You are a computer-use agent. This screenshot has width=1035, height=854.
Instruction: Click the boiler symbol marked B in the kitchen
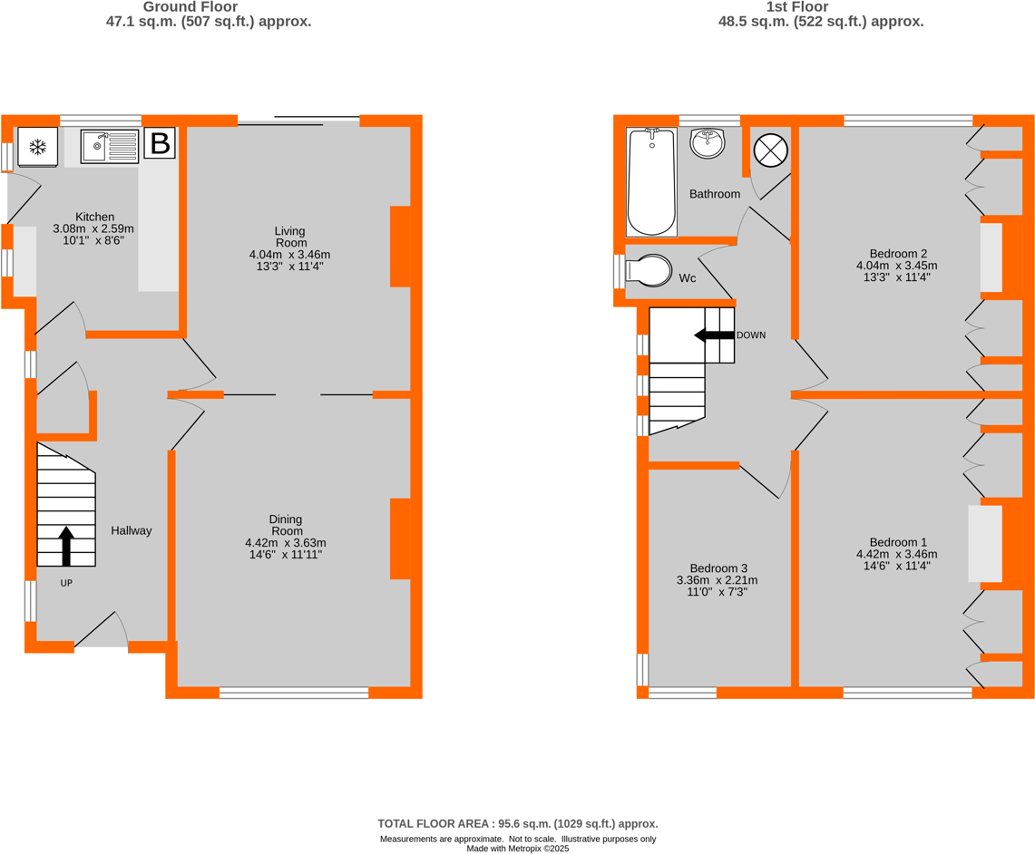coord(160,143)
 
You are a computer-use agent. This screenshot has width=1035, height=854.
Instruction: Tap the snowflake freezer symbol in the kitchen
coord(38,147)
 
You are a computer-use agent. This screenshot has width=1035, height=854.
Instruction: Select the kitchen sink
coord(109,146)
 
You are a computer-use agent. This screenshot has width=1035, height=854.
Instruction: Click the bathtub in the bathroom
coord(651,181)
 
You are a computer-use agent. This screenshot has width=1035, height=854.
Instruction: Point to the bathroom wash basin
coord(708,142)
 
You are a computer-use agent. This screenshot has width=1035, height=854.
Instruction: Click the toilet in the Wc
coord(648,270)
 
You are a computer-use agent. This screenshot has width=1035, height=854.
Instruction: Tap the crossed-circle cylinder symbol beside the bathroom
coord(770,150)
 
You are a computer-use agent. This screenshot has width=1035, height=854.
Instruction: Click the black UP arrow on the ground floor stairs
coord(66,546)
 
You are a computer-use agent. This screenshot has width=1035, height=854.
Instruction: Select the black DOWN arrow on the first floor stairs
coord(714,335)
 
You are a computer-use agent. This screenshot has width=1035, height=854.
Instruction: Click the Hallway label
coord(132,530)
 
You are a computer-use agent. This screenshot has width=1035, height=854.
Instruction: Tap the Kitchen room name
coord(94,217)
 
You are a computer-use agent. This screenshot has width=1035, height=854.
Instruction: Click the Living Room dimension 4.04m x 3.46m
coord(290,255)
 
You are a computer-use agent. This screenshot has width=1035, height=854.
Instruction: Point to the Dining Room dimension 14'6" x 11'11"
coord(286,554)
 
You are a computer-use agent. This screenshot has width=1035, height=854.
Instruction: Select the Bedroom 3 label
coord(717,568)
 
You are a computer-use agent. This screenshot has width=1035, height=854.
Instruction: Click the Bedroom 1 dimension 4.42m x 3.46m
coord(896,554)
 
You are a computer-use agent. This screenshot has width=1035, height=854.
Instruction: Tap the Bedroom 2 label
coord(897,253)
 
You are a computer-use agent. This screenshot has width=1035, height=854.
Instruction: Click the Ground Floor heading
coord(209,7)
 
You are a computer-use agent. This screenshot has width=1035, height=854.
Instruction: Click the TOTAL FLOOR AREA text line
coord(517,823)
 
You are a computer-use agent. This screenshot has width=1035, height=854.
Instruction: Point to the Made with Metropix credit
coord(517,849)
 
